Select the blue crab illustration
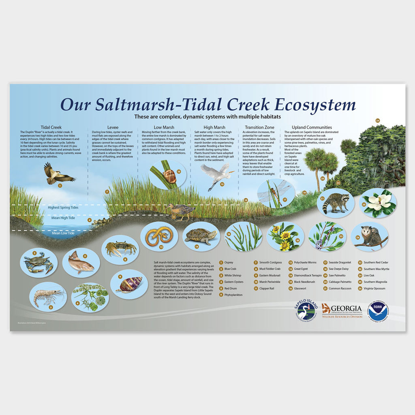tap(39, 263)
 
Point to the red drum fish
tap(81, 263)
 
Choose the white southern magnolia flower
tap(378, 203)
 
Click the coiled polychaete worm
tap(158, 236)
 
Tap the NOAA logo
tap(378, 311)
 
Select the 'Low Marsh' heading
tap(163, 127)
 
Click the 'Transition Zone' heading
tap(260, 127)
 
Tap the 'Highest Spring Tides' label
tap(63, 207)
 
